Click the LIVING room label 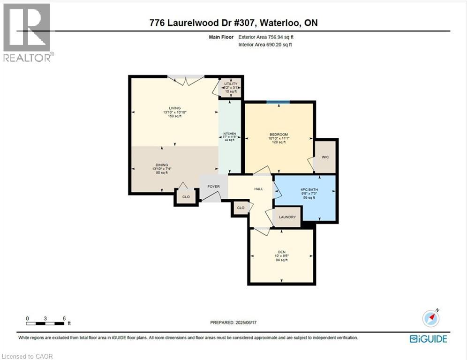175,108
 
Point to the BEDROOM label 279,135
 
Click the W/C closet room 325,157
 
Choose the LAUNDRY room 287,217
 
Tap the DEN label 281,252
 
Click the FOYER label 213,187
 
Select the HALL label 258,189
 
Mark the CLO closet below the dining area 186,197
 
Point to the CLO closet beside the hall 241,208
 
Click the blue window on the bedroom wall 278,101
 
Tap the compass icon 431,318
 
